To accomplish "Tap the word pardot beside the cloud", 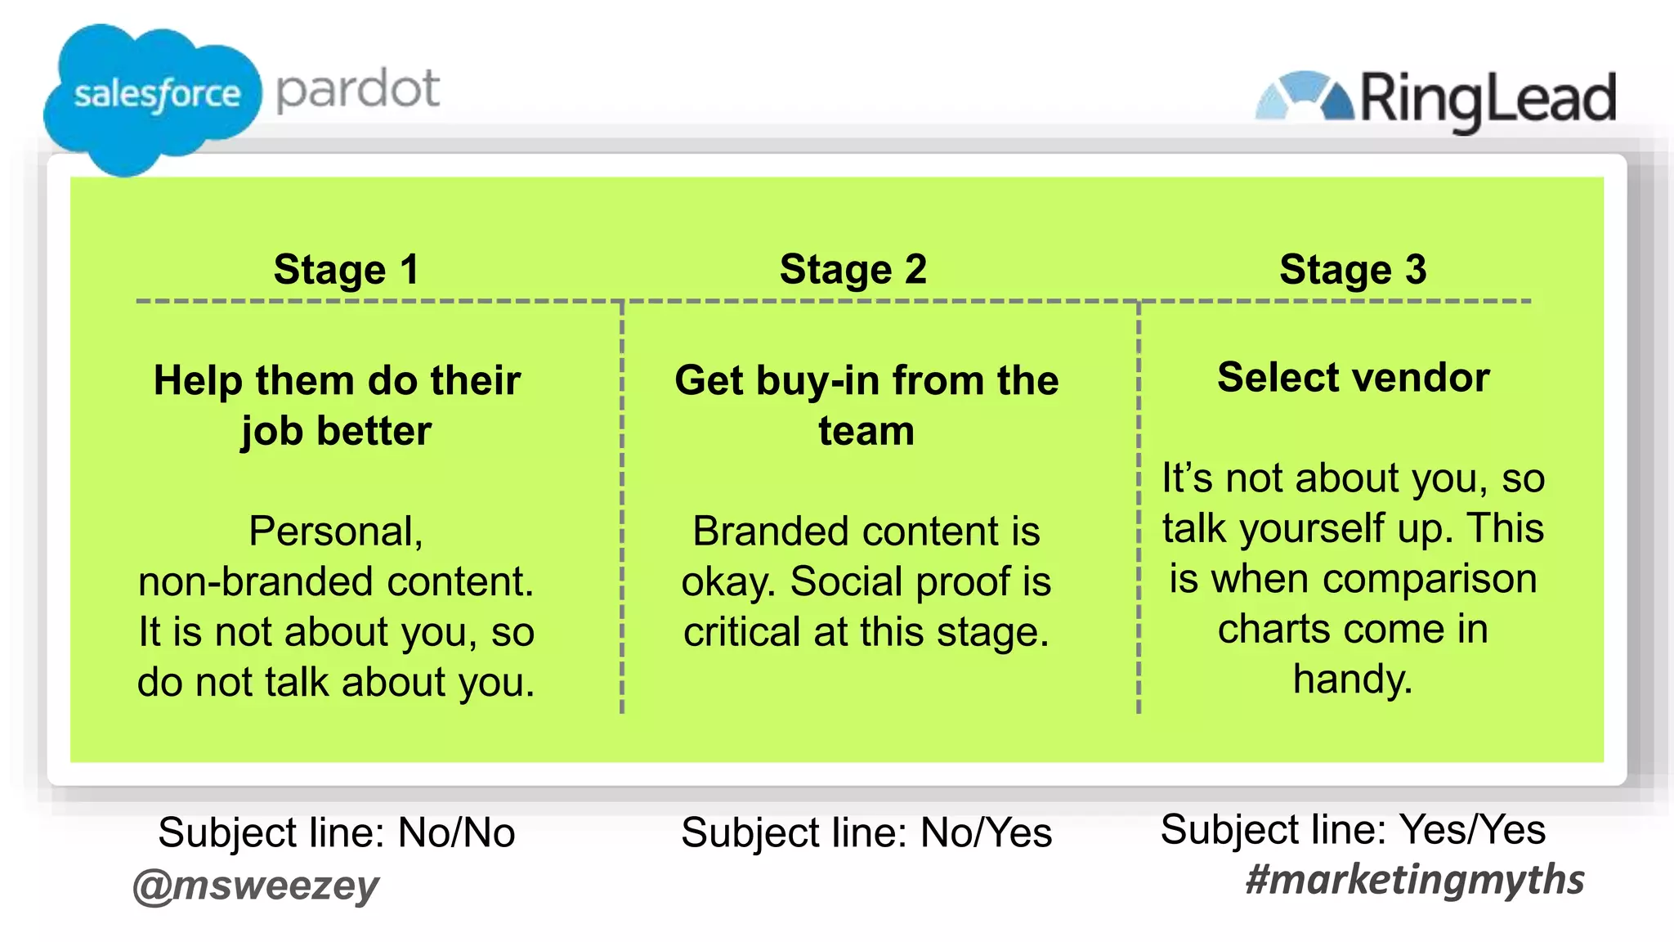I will click(x=358, y=90).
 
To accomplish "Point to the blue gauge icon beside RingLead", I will click(x=1305, y=96).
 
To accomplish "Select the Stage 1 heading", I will click(x=347, y=269).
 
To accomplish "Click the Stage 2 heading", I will click(x=853, y=269).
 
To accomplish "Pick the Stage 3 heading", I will click(x=1353, y=269).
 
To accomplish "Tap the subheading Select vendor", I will click(x=1353, y=377).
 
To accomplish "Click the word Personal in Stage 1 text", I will click(x=334, y=532).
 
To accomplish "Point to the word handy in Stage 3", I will click(x=1353, y=679).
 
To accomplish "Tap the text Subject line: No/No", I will click(x=336, y=832).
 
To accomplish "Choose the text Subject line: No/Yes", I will click(x=866, y=832).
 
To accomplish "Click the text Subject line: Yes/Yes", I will click(x=1353, y=829).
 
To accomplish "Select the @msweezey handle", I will click(x=256, y=886).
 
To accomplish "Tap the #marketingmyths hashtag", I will click(x=1414, y=880).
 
